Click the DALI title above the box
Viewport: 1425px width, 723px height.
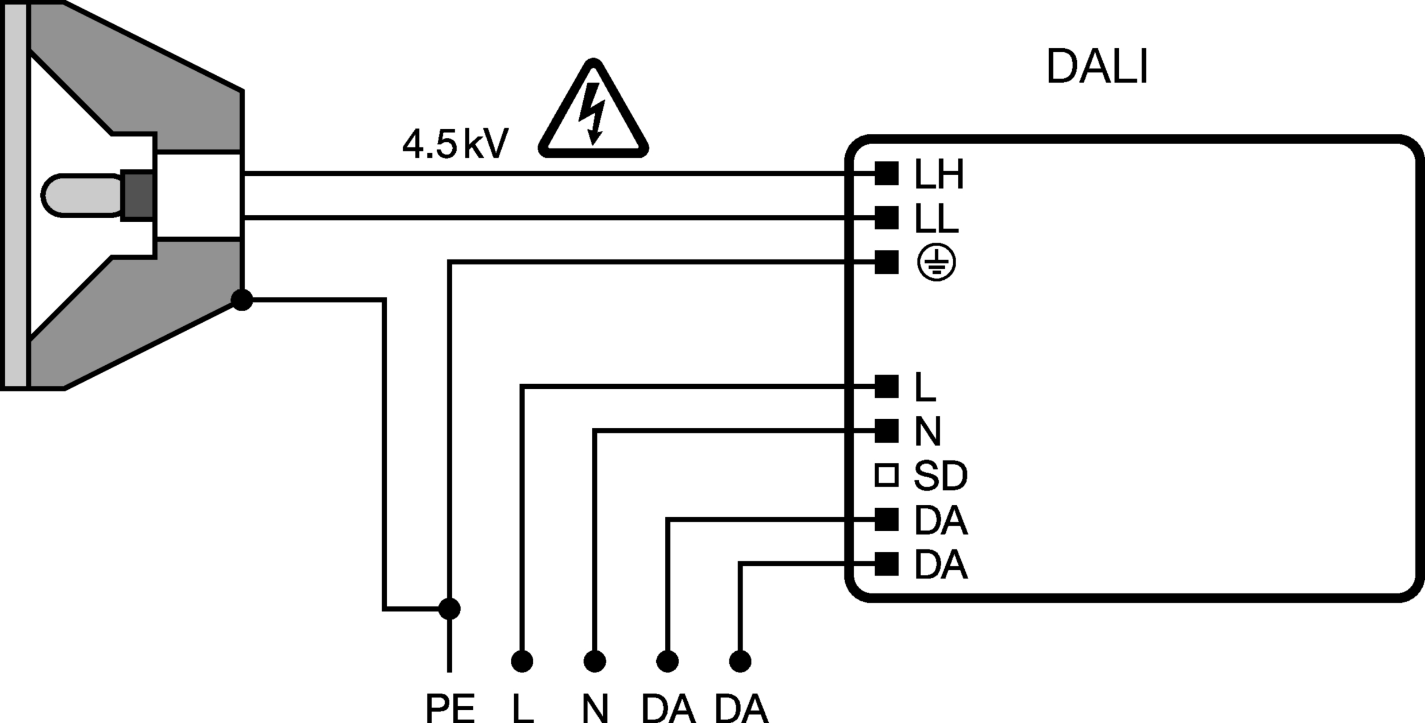[1097, 67]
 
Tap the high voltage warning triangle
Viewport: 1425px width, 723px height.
[594, 109]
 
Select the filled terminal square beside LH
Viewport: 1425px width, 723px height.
[887, 173]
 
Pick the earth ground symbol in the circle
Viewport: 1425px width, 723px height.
[937, 263]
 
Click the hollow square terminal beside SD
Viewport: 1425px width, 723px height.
[887, 475]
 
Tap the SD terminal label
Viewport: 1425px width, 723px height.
[940, 476]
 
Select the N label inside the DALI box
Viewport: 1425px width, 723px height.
[927, 431]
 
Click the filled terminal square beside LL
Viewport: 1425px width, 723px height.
[887, 218]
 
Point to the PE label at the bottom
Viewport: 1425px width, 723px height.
[450, 708]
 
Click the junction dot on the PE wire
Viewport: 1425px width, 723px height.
[449, 609]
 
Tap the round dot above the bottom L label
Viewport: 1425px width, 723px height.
[522, 662]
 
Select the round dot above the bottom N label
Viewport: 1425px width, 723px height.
[595, 662]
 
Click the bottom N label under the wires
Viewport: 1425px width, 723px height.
[595, 708]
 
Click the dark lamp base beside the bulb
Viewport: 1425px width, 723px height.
[137, 195]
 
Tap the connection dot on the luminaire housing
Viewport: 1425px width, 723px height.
[241, 299]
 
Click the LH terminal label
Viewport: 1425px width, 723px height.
[939, 175]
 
